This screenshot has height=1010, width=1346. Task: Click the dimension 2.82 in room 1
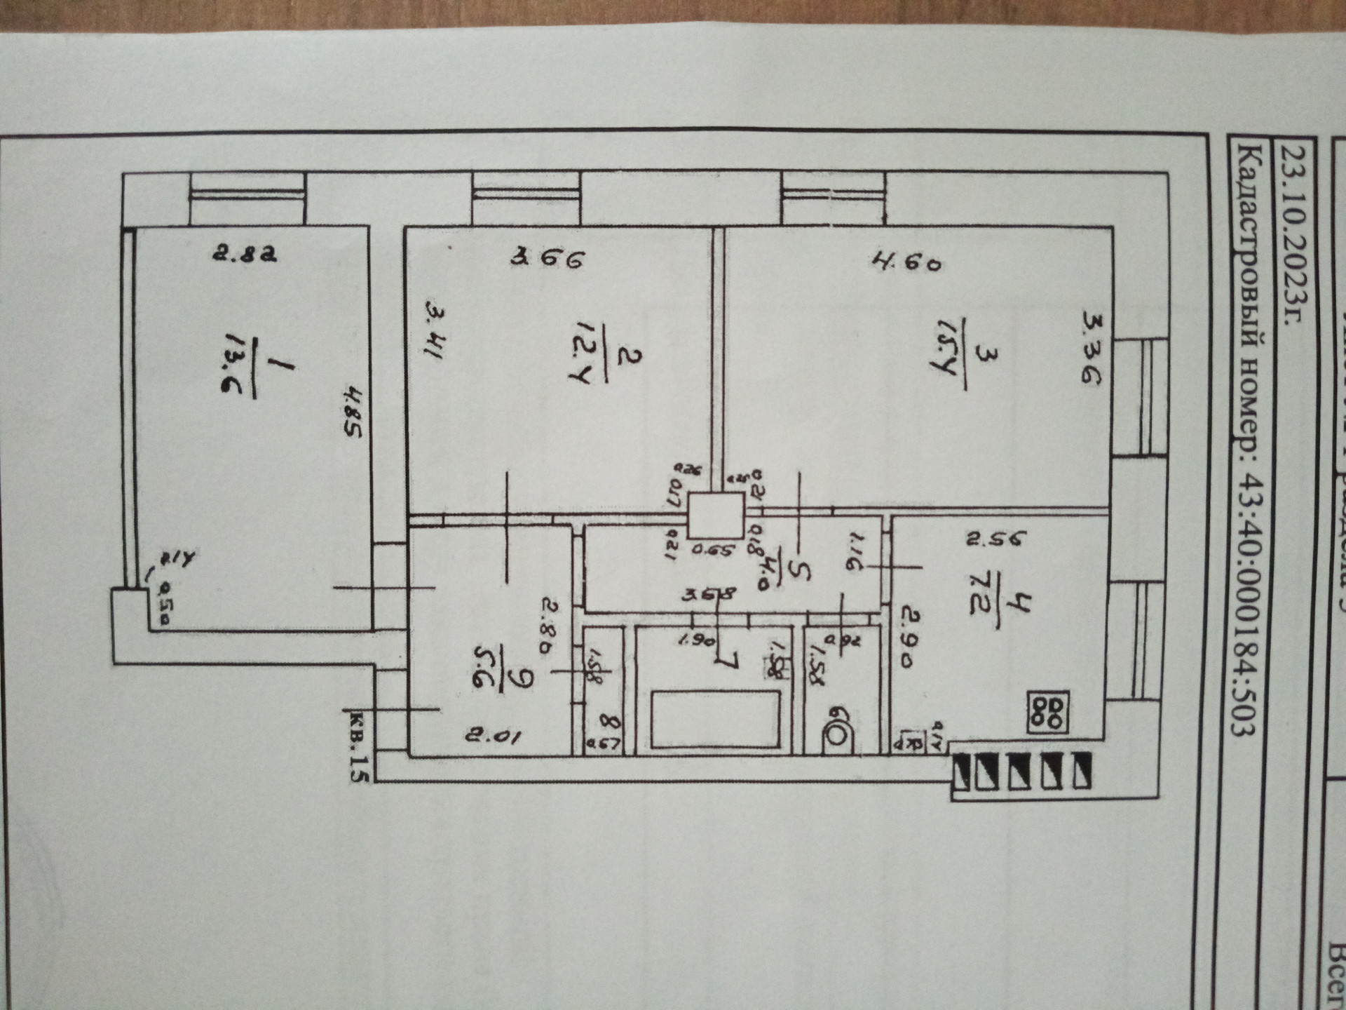245,252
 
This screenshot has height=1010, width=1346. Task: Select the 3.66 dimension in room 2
547,259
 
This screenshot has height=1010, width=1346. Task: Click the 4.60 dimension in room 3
907,262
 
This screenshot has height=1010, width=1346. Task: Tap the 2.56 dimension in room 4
996,539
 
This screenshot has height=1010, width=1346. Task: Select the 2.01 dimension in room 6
493,736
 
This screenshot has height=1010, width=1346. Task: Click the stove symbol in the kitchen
1048,713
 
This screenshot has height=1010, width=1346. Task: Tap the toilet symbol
836,732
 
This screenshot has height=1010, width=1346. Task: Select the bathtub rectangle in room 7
715,719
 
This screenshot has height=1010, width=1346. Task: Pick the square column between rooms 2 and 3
716,515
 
